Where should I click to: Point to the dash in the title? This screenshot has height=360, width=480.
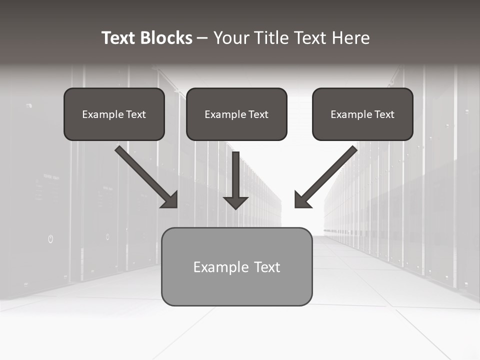pyautogui.click(x=202, y=38)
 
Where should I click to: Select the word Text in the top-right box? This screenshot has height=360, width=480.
pyautogui.click(x=384, y=114)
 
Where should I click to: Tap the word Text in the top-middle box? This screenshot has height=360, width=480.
pyautogui.click(x=258, y=114)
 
